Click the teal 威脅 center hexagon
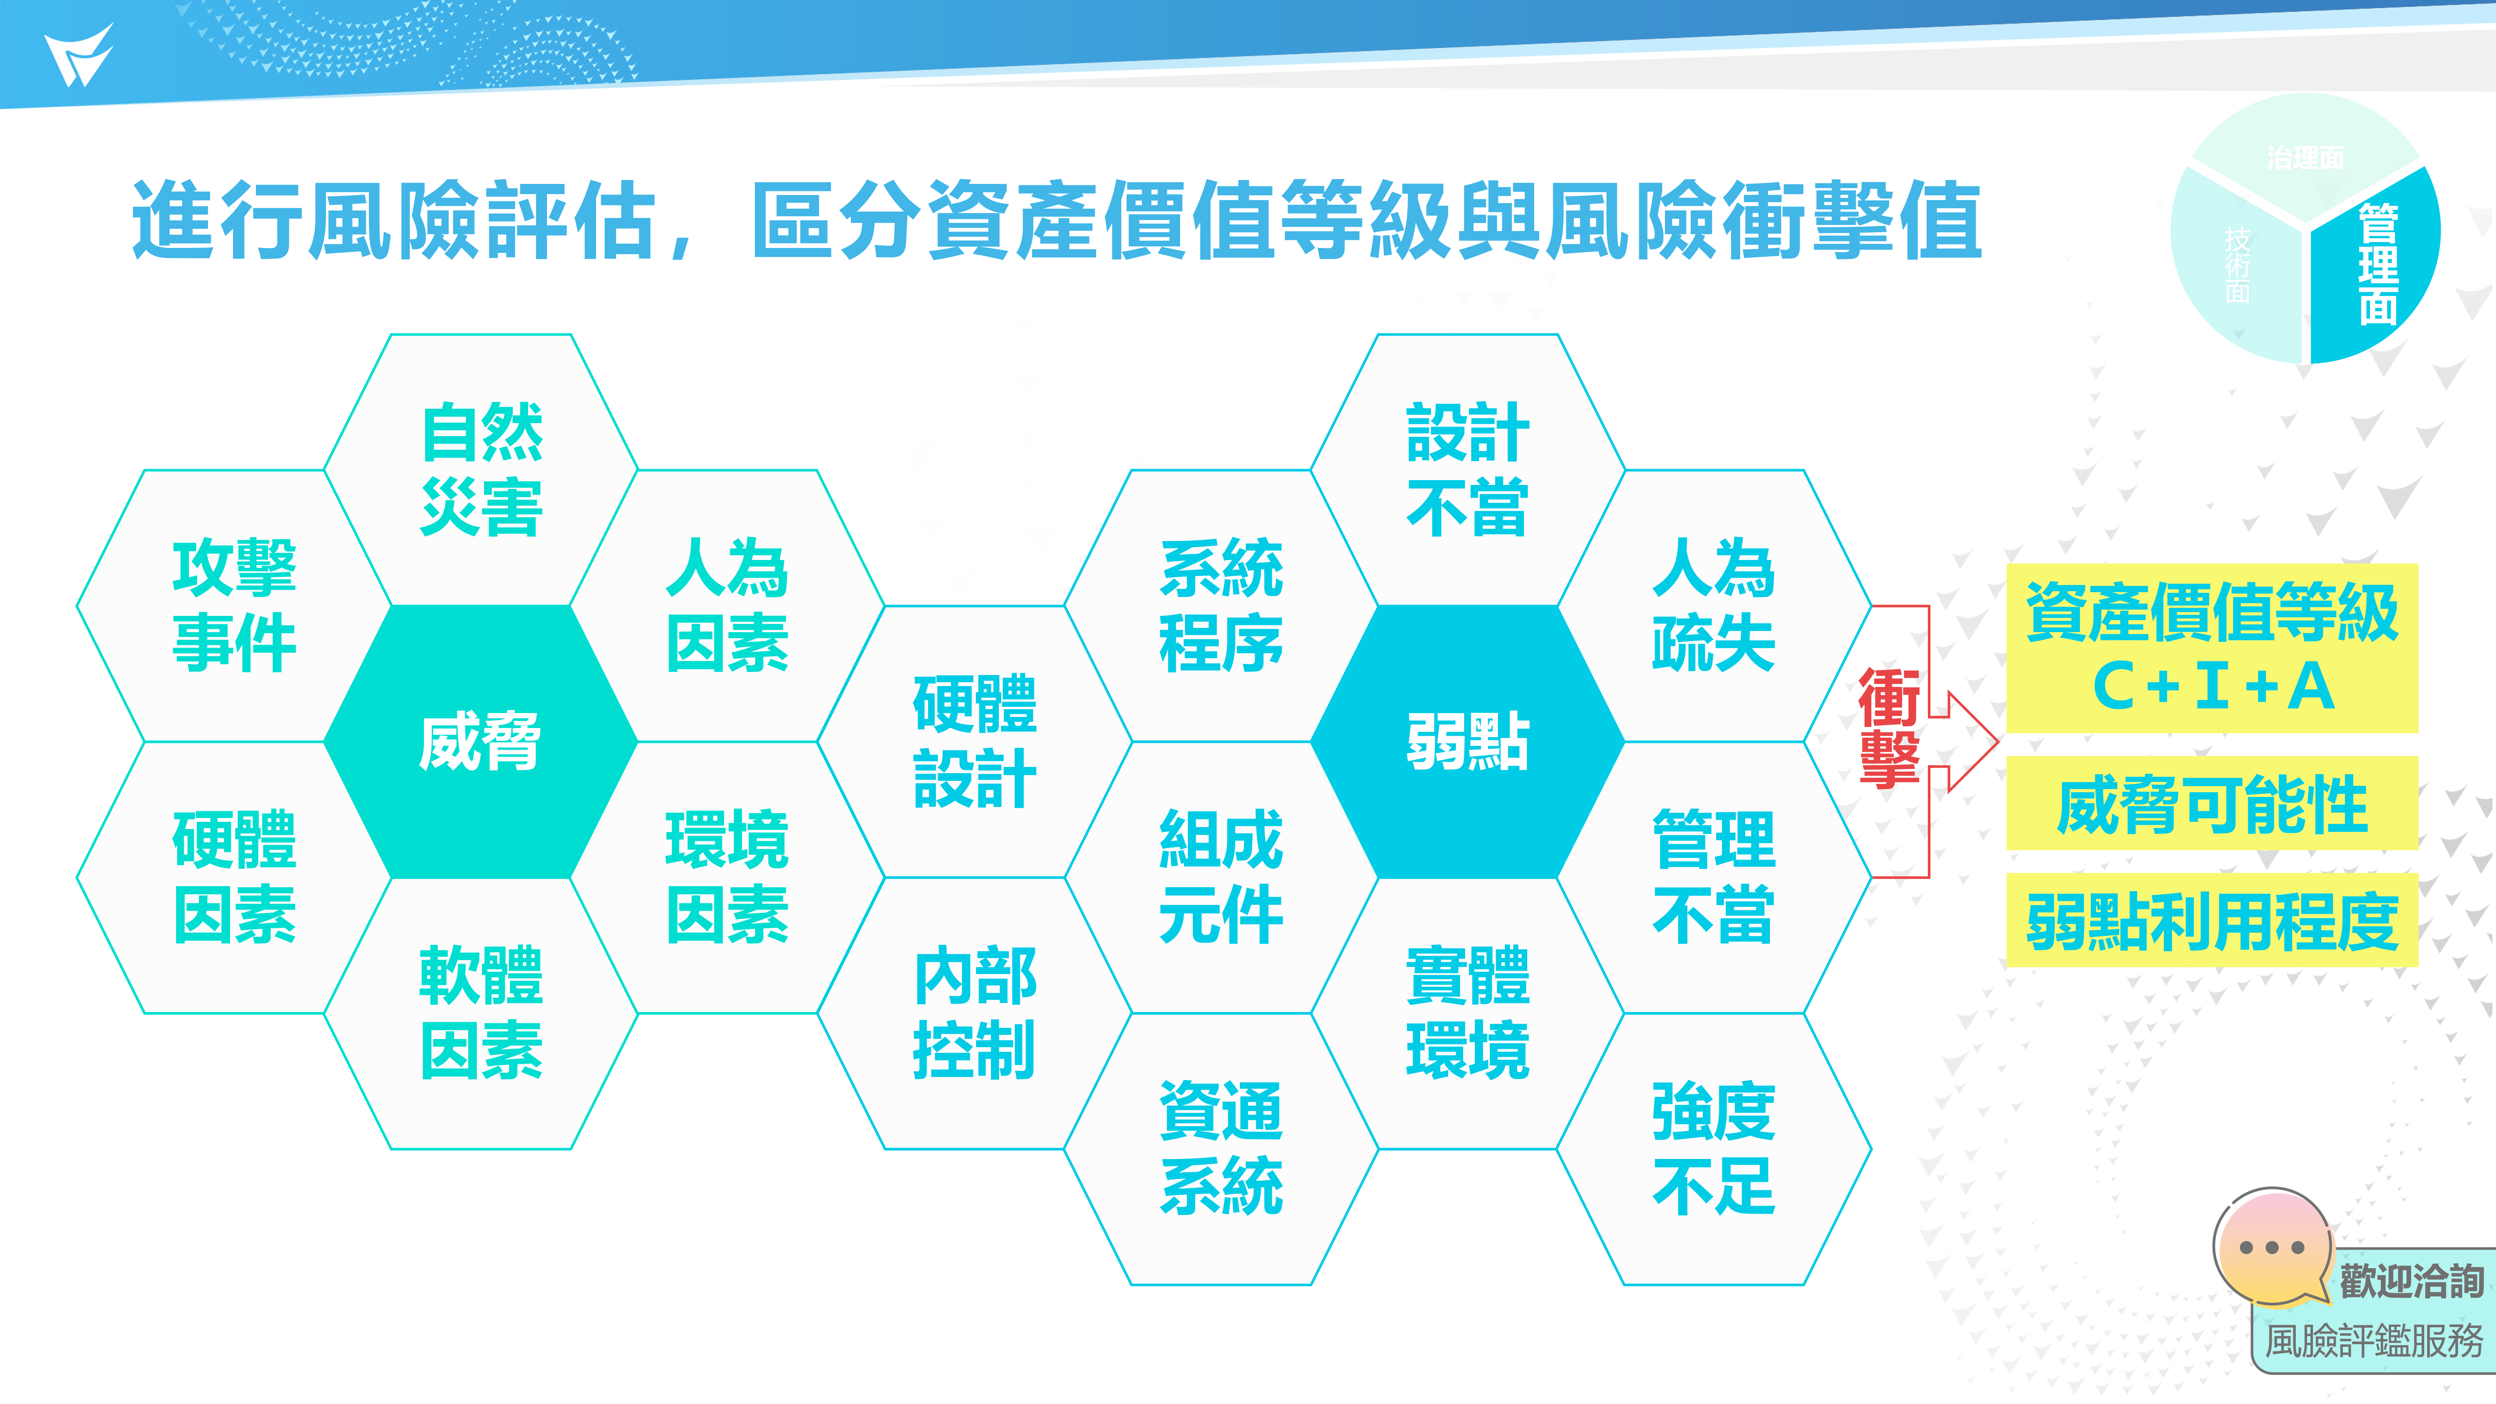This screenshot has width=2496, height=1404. point(481,742)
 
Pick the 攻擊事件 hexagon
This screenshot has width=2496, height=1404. point(234,605)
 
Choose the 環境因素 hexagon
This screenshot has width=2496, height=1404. point(728,878)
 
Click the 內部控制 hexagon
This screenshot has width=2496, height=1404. point(975,1014)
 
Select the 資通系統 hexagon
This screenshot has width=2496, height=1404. point(1221,1149)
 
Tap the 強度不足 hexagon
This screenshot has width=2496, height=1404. point(1714,1149)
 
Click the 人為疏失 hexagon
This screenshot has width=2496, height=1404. point(1714,605)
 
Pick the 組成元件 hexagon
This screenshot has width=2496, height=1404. point(1221,878)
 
